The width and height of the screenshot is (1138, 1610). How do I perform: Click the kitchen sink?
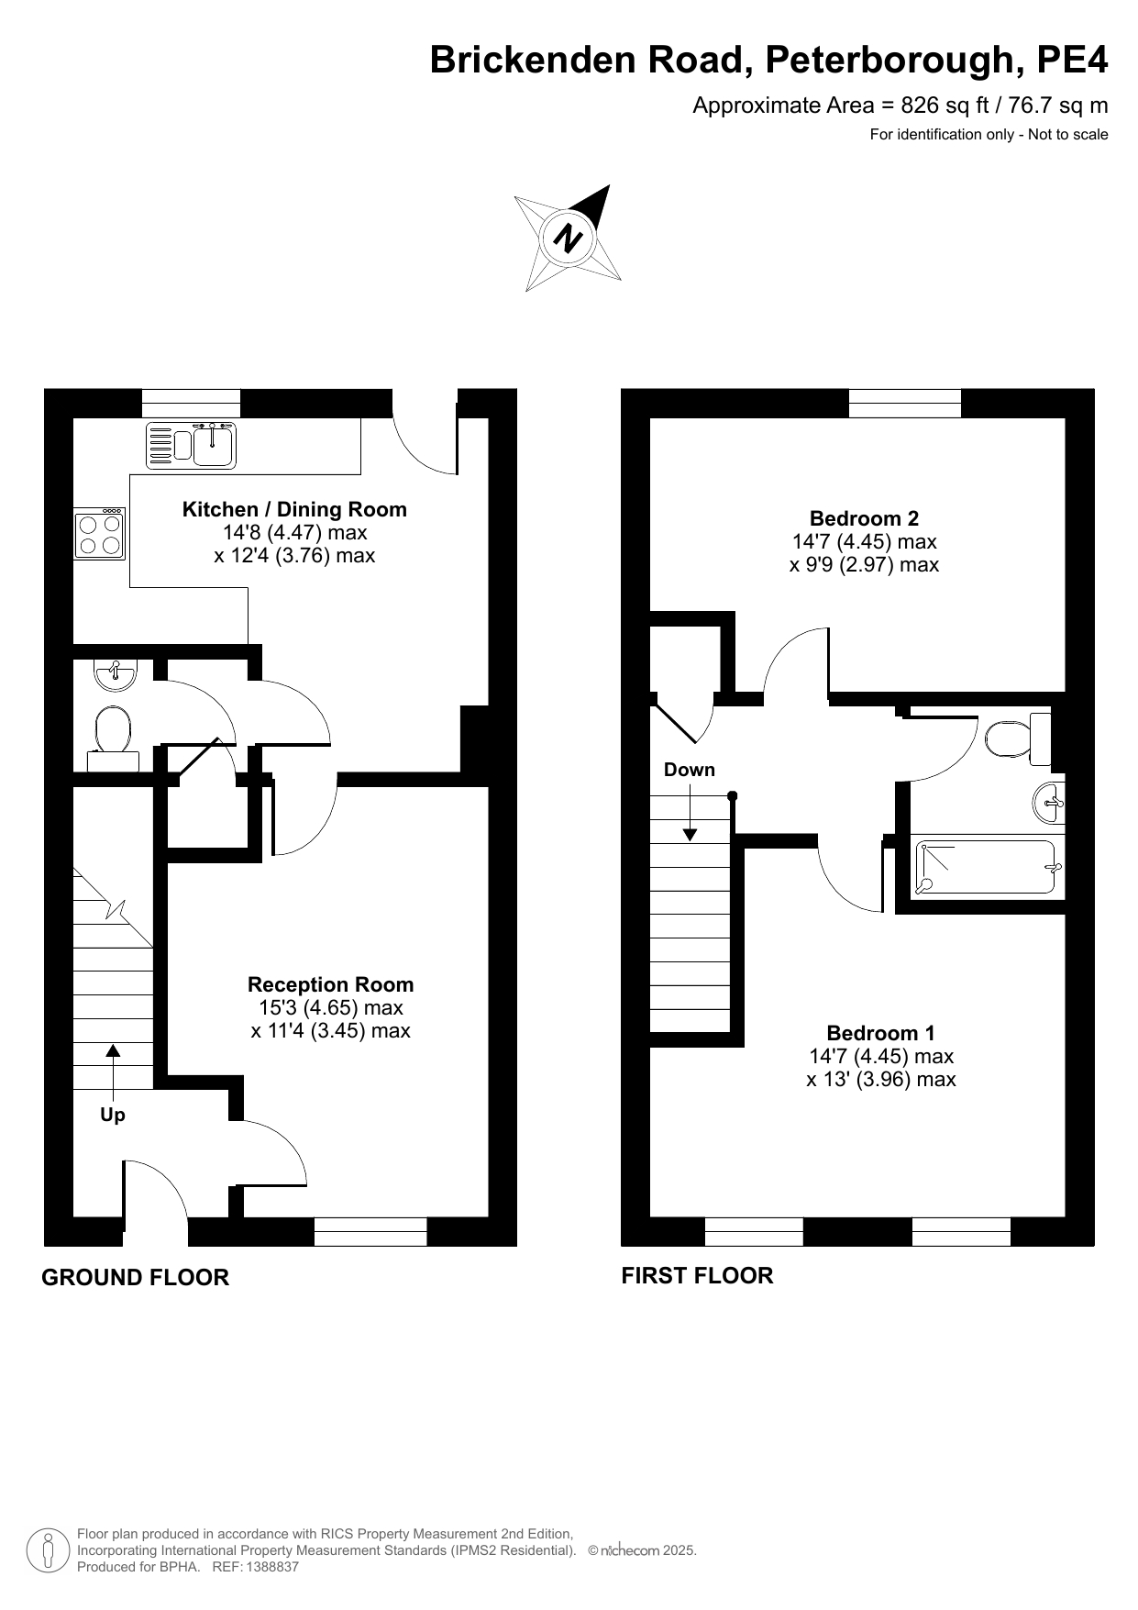pyautogui.click(x=192, y=445)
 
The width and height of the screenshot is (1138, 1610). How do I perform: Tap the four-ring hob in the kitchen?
pyautogui.click(x=100, y=535)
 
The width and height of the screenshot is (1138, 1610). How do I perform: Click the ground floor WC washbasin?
pyautogui.click(x=115, y=674)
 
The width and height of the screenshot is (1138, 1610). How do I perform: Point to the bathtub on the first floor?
pyautogui.click(x=987, y=867)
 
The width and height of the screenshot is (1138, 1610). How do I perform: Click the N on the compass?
pyautogui.click(x=569, y=239)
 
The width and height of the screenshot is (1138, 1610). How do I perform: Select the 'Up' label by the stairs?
pyautogui.click(x=113, y=1115)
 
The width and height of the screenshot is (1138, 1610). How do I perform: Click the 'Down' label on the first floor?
pyautogui.click(x=690, y=770)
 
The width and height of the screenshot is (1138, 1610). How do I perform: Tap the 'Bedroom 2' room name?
pyautogui.click(x=864, y=518)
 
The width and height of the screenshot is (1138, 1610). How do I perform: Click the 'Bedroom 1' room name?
pyautogui.click(x=880, y=1033)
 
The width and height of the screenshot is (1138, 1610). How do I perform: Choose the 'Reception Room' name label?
pyautogui.click(x=330, y=984)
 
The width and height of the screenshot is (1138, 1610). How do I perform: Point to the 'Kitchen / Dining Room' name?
pyautogui.click(x=294, y=509)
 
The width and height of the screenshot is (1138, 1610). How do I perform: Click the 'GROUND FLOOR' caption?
pyautogui.click(x=135, y=1277)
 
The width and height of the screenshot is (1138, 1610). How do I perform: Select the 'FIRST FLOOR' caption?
pyautogui.click(x=697, y=1275)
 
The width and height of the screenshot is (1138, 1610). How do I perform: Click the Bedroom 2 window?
pyautogui.click(x=904, y=403)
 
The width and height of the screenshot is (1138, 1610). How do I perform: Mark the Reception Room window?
pyautogui.click(x=370, y=1231)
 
